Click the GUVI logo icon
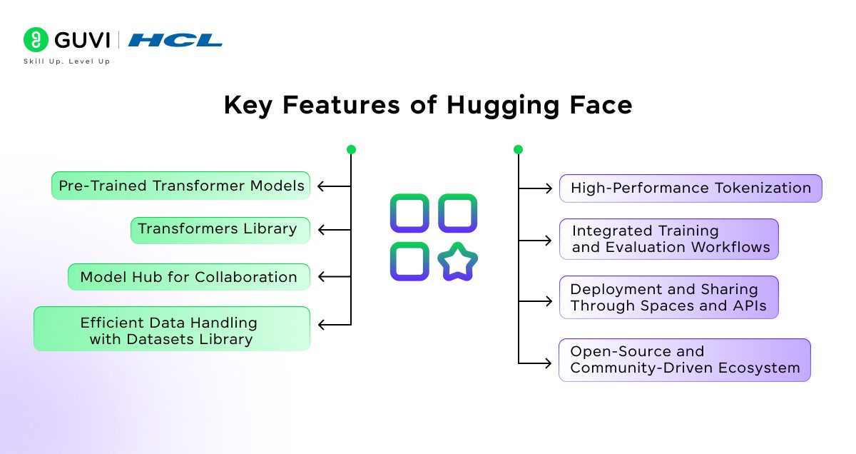[35, 39]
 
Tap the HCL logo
[175, 40]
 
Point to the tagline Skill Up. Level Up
[67, 61]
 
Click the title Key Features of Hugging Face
[428, 105]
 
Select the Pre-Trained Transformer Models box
[181, 186]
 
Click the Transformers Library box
[220, 230]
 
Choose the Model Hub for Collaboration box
[189, 277]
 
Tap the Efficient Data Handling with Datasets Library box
[172, 329]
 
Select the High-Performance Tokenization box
[690, 188]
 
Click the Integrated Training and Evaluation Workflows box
[668, 239]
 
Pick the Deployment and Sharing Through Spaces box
[668, 298]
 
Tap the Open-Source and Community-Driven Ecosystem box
[684, 360]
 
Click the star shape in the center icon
[457, 262]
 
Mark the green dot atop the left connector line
[351, 150]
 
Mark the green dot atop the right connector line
[518, 150]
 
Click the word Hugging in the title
[493, 106]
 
